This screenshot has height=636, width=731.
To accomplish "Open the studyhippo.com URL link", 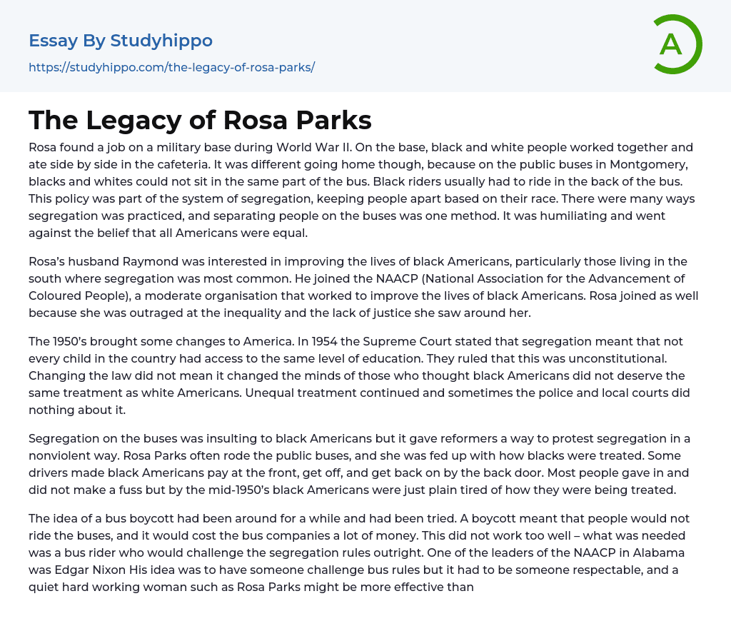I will point(171,67).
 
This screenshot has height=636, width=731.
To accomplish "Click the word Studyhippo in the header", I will point(161,41).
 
